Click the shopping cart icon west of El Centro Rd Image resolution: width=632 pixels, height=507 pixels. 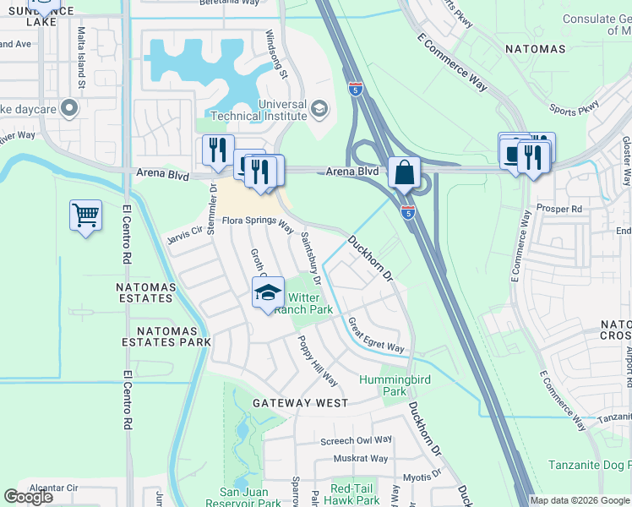[86, 216]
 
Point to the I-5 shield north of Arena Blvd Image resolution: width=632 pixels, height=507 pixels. [356, 88]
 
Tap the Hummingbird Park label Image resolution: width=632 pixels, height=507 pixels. [395, 385]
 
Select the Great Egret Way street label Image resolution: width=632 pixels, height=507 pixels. [376, 335]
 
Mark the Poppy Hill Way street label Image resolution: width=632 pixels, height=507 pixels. [317, 361]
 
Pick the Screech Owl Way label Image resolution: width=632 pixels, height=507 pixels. [356, 440]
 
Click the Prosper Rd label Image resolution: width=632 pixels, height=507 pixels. [565, 208]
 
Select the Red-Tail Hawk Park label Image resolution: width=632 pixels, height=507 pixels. [355, 494]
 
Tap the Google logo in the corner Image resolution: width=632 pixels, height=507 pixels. [29, 497]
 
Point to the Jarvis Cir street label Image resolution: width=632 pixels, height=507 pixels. [185, 231]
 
